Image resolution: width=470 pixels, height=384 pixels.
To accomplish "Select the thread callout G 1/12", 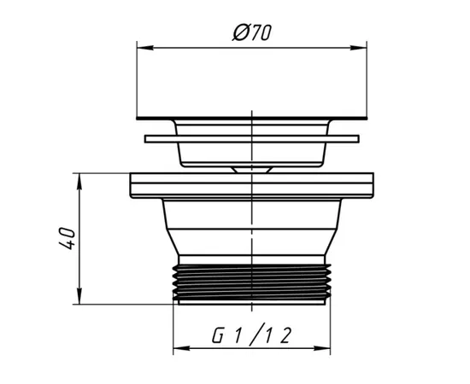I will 252,335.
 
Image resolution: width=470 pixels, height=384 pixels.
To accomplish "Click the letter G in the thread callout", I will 219,335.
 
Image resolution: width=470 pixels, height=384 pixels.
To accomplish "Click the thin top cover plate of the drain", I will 252,119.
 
